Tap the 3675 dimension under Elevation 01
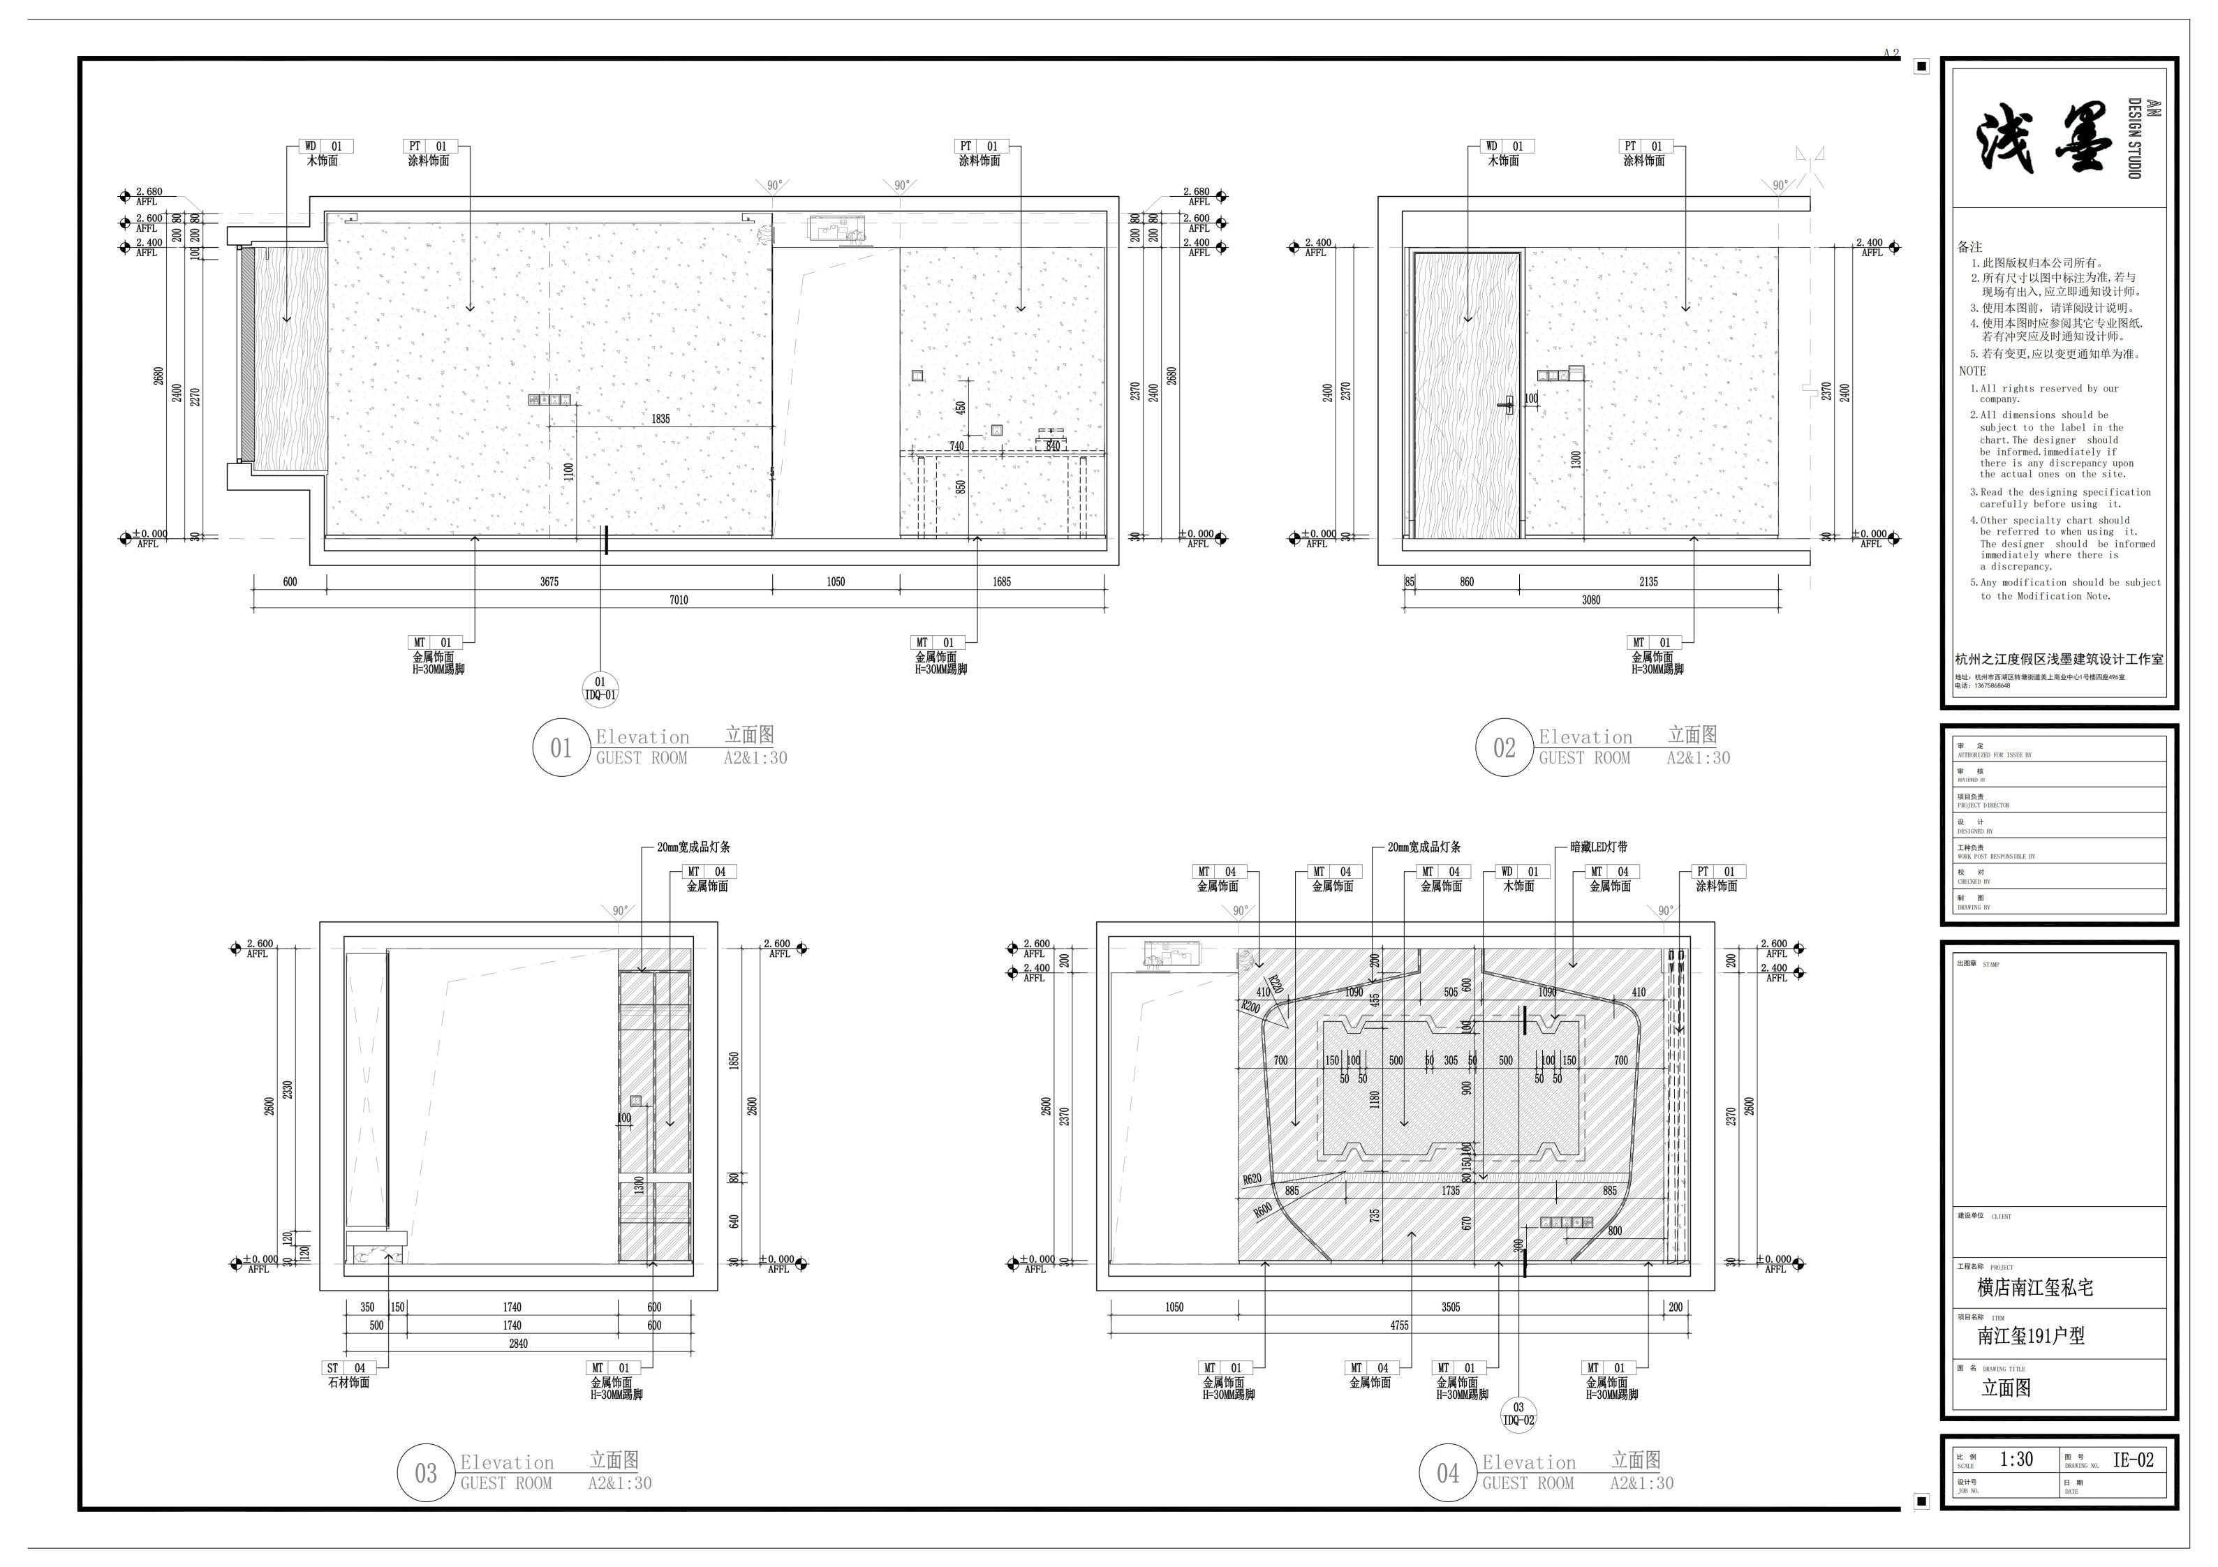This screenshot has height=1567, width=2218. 549,581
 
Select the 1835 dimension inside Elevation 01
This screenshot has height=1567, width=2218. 660,418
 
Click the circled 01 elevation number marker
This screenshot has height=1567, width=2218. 561,747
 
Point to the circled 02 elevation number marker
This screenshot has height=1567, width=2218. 1504,747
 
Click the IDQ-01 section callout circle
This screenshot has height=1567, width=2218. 600,689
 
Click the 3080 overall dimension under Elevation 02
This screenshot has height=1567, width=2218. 1591,600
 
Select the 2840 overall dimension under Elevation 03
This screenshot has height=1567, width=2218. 519,1343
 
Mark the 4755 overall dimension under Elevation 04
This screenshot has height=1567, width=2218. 1399,1325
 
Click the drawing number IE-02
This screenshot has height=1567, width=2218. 2133,1460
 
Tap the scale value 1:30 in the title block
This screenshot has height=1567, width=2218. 2016,1460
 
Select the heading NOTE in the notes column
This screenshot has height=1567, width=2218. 1973,371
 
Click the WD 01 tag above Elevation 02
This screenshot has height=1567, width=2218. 1507,147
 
